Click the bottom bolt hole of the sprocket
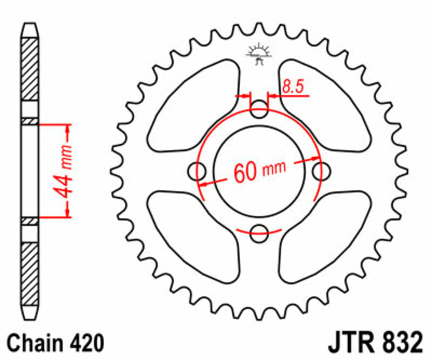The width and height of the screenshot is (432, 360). (x=260, y=234)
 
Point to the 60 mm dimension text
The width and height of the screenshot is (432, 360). (x=259, y=172)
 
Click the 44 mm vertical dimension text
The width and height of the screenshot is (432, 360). (x=65, y=171)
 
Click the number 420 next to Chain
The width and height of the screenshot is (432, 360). (x=84, y=343)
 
